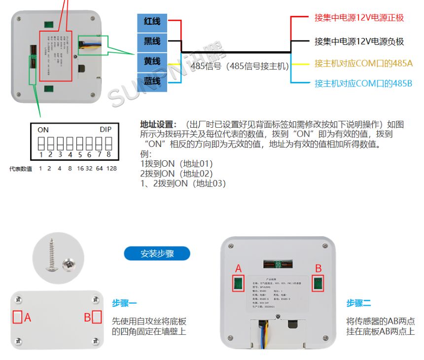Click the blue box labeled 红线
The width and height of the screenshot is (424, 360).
152,22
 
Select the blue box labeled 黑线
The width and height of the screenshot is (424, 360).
152,42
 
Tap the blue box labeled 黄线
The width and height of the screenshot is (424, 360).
152,62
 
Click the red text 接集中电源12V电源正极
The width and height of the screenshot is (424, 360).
359,18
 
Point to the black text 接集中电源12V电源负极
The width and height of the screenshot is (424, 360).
359,41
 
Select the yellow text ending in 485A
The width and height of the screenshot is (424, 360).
363,64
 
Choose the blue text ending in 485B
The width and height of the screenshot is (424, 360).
363,83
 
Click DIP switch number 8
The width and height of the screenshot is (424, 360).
108,144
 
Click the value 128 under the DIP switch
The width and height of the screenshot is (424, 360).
111,169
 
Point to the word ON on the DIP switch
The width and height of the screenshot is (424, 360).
43,130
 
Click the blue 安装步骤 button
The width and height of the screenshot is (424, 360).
157,254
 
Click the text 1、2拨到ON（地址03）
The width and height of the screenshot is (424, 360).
183,183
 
